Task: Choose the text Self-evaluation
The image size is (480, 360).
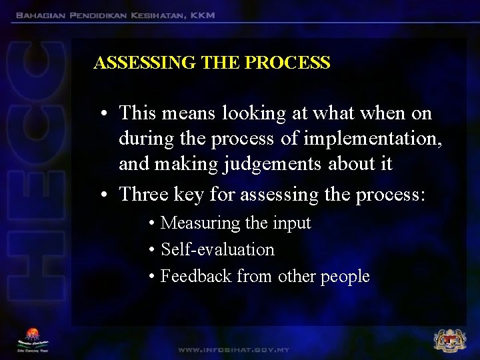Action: tap(217, 249)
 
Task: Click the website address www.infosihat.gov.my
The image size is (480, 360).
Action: tap(233, 349)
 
